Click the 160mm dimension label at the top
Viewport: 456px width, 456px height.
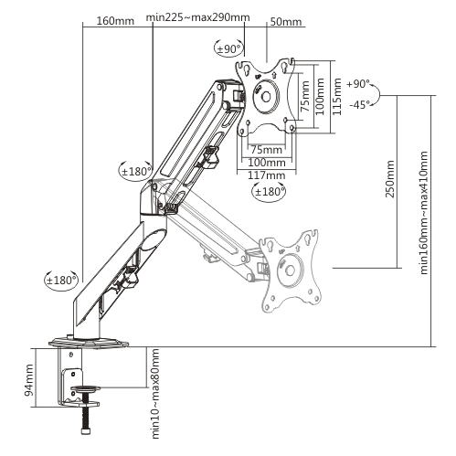[115, 21]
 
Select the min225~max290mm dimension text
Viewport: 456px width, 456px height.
[197, 17]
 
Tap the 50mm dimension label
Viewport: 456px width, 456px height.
[286, 22]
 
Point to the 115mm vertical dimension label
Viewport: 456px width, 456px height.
[337, 97]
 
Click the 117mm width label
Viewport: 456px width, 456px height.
[266, 175]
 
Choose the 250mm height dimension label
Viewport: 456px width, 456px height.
[390, 179]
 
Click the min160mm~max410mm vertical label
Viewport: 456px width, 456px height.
[424, 213]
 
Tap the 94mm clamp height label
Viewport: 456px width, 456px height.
[29, 380]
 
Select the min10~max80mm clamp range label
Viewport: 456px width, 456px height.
[155, 394]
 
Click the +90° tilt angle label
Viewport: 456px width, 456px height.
[358, 83]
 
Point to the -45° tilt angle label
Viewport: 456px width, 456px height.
[359, 104]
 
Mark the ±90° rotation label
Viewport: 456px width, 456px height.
[228, 48]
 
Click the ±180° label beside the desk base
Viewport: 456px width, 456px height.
[61, 280]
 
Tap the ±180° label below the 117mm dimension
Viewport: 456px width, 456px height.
[270, 192]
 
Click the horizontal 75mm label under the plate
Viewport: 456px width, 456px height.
[267, 150]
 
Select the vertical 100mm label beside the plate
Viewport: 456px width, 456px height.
[320, 97]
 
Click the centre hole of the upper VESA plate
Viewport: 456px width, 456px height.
[266, 97]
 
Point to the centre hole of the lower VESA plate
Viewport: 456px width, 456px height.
[290, 270]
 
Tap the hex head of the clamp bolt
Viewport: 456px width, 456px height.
[85, 431]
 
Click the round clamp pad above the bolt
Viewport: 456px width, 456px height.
[85, 388]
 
